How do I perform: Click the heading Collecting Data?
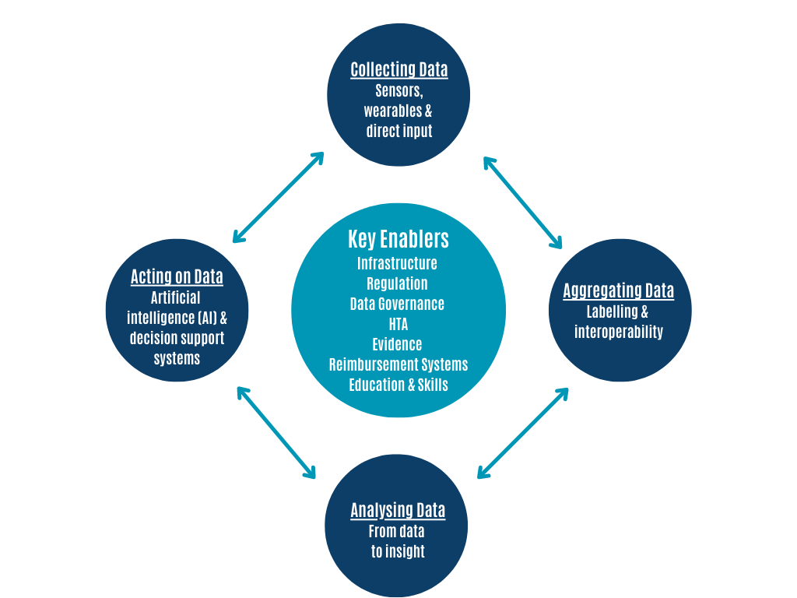pos(399,69)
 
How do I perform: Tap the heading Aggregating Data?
pos(618,291)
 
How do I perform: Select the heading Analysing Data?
pos(398,511)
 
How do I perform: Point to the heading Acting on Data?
pos(177,276)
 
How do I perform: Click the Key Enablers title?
pos(398,239)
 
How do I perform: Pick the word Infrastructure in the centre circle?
pos(397,263)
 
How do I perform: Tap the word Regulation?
pos(397,283)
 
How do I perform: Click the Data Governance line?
pos(397,304)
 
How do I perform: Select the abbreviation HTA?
pos(398,325)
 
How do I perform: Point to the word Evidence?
pos(397,345)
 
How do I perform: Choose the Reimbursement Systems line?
pos(398,364)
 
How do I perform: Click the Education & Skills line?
pos(398,385)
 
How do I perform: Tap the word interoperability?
pos(619,332)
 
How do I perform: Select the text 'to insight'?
pos(398,552)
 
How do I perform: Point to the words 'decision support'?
pos(177,338)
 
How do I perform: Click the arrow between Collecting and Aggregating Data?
pos(522,203)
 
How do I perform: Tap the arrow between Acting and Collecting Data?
pos(278,197)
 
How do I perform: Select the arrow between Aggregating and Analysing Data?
pos(522,433)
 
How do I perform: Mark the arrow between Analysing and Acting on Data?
pos(276,433)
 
